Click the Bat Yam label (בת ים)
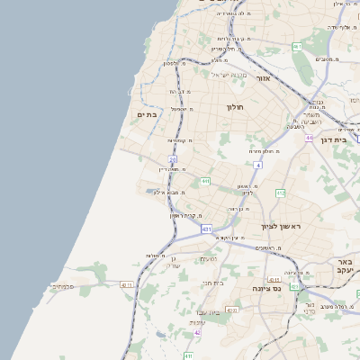coord(147,114)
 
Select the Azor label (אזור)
coord(264,78)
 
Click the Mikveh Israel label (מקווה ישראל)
coord(228,74)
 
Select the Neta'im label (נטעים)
coord(208,259)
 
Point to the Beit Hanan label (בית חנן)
coord(213,283)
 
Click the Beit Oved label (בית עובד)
coord(213,311)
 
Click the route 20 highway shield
coord(172,159)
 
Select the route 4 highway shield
coord(258,165)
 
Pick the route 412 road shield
coord(281,193)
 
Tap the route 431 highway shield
coord(206,229)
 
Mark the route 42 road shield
coord(197,332)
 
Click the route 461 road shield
coord(309,138)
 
